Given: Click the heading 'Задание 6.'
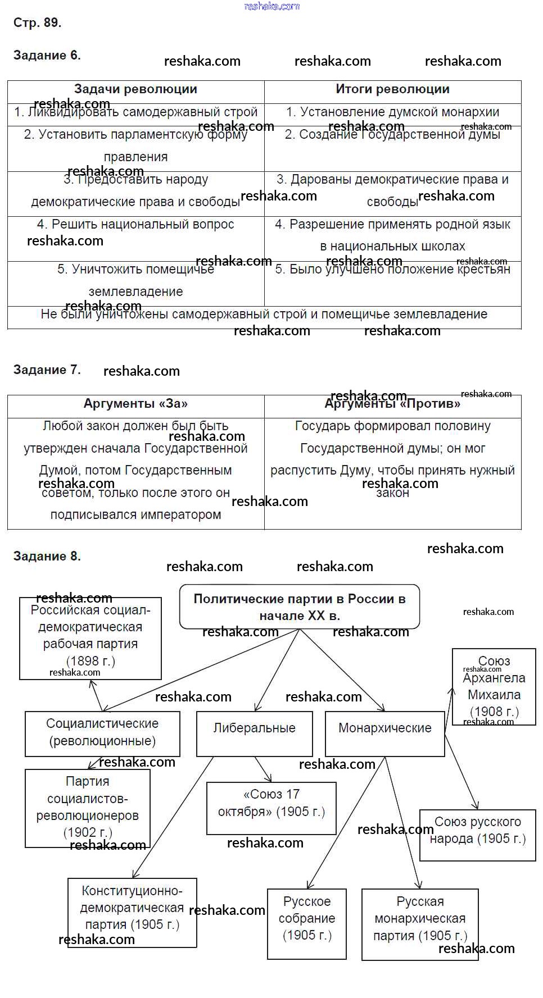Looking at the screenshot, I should click(47, 55).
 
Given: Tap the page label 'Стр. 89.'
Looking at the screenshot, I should click(37, 22).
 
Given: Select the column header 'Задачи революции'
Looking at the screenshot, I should click(135, 89).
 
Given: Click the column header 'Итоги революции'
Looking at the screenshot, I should click(392, 89).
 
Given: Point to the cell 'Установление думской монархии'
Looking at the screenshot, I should click(392, 112).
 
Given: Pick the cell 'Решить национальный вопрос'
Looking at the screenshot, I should click(135, 225).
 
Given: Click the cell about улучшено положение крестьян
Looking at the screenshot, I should click(392, 270).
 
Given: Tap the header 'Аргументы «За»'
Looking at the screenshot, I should click(135, 404).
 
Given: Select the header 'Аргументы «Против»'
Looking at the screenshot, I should click(392, 404).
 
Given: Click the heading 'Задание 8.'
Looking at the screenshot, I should click(47, 556).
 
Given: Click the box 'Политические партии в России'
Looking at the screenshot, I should click(300, 607).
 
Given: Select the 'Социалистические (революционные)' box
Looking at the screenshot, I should click(102, 732).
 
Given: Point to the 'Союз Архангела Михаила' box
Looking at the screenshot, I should click(494, 686).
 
